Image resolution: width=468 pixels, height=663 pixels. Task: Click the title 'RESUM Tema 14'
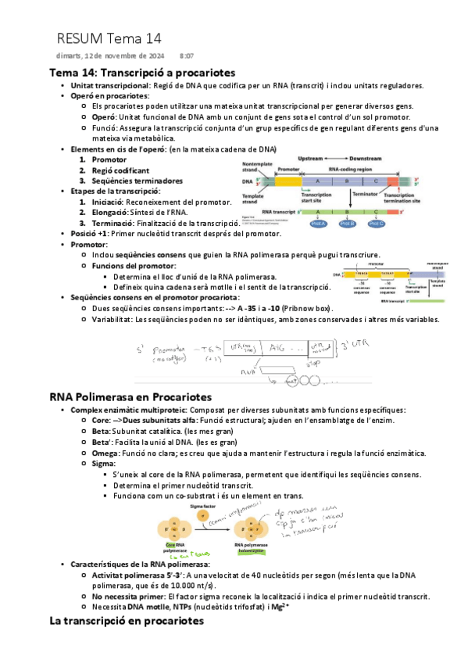click(x=109, y=38)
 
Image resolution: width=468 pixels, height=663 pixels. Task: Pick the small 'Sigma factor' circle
click(x=203, y=517)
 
